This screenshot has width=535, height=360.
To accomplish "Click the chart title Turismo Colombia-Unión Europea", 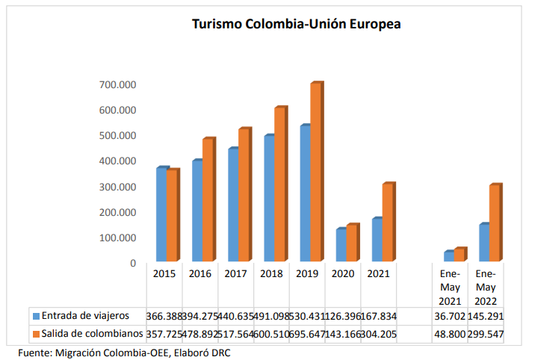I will (297, 25).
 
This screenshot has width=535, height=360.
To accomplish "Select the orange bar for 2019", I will (315, 172).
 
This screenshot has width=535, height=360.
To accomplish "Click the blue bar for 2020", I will (340, 246).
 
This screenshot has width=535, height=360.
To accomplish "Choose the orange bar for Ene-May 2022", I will (494, 223).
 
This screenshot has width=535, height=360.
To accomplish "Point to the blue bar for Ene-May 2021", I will (448, 257).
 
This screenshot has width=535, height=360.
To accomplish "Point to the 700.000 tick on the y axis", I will (118, 85).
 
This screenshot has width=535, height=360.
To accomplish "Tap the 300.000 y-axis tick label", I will (118, 187).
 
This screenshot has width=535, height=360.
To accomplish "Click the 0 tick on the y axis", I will (133, 264).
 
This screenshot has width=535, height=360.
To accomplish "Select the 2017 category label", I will (235, 274).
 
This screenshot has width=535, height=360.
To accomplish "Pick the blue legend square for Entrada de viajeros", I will (36, 316).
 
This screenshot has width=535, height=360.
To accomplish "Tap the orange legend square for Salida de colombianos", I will (36, 334).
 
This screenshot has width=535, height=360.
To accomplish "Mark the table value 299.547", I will (486, 334).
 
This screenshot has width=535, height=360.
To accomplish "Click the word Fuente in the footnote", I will (37, 353).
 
